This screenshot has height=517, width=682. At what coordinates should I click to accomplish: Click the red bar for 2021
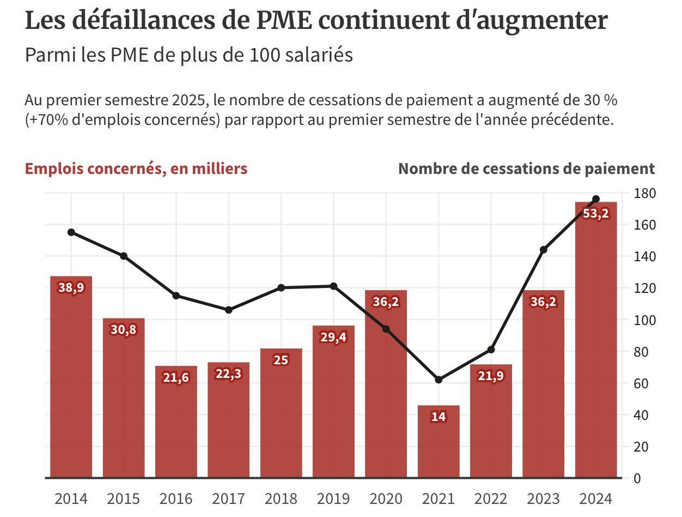tap(439, 447)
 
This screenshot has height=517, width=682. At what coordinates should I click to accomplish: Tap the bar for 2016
tap(176, 431)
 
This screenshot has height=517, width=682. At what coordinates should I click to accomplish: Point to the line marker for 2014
tap(71, 232)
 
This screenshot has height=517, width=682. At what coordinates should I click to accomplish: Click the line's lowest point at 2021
tap(439, 380)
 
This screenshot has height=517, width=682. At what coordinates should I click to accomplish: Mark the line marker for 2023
tap(543, 250)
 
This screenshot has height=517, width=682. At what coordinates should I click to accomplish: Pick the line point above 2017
tap(229, 310)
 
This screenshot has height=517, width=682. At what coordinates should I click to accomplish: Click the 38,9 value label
tap(71, 288)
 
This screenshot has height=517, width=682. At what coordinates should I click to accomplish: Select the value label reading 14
tap(439, 417)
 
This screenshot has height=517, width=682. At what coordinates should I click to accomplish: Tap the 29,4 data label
tap(333, 337)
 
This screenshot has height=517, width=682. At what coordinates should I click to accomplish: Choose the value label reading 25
tap(281, 360)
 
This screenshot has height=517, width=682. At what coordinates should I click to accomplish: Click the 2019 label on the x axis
tap(333, 498)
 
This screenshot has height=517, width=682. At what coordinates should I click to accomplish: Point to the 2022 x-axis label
tap(491, 498)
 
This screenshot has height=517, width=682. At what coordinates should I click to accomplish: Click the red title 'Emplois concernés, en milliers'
tap(136, 169)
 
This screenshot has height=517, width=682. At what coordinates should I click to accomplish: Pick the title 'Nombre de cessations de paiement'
tap(526, 169)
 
